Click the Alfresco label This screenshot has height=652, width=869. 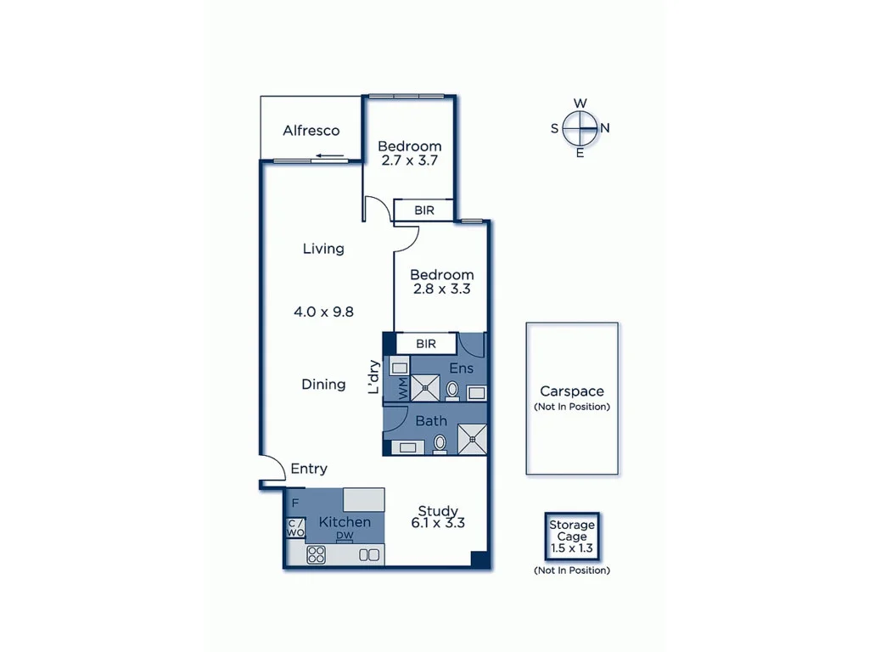(x=311, y=131)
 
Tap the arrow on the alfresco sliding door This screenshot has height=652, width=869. (x=328, y=156)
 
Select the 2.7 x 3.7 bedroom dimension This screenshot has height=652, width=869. (x=409, y=160)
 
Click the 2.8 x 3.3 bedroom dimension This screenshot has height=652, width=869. (x=440, y=289)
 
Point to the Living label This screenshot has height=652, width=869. (x=323, y=249)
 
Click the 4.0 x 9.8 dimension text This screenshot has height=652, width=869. (x=323, y=312)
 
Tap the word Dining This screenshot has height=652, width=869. (x=323, y=385)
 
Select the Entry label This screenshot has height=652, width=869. (x=309, y=469)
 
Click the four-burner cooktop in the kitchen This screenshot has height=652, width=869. (x=317, y=555)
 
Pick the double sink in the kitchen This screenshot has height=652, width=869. (x=369, y=555)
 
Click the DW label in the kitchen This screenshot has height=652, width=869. (x=345, y=536)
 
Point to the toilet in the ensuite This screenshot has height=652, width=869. (x=452, y=390)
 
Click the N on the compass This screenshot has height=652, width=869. (x=605, y=128)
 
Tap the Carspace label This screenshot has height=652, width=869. (x=572, y=391)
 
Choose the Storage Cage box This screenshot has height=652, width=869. (x=572, y=537)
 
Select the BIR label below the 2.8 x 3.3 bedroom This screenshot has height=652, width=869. (x=426, y=344)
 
